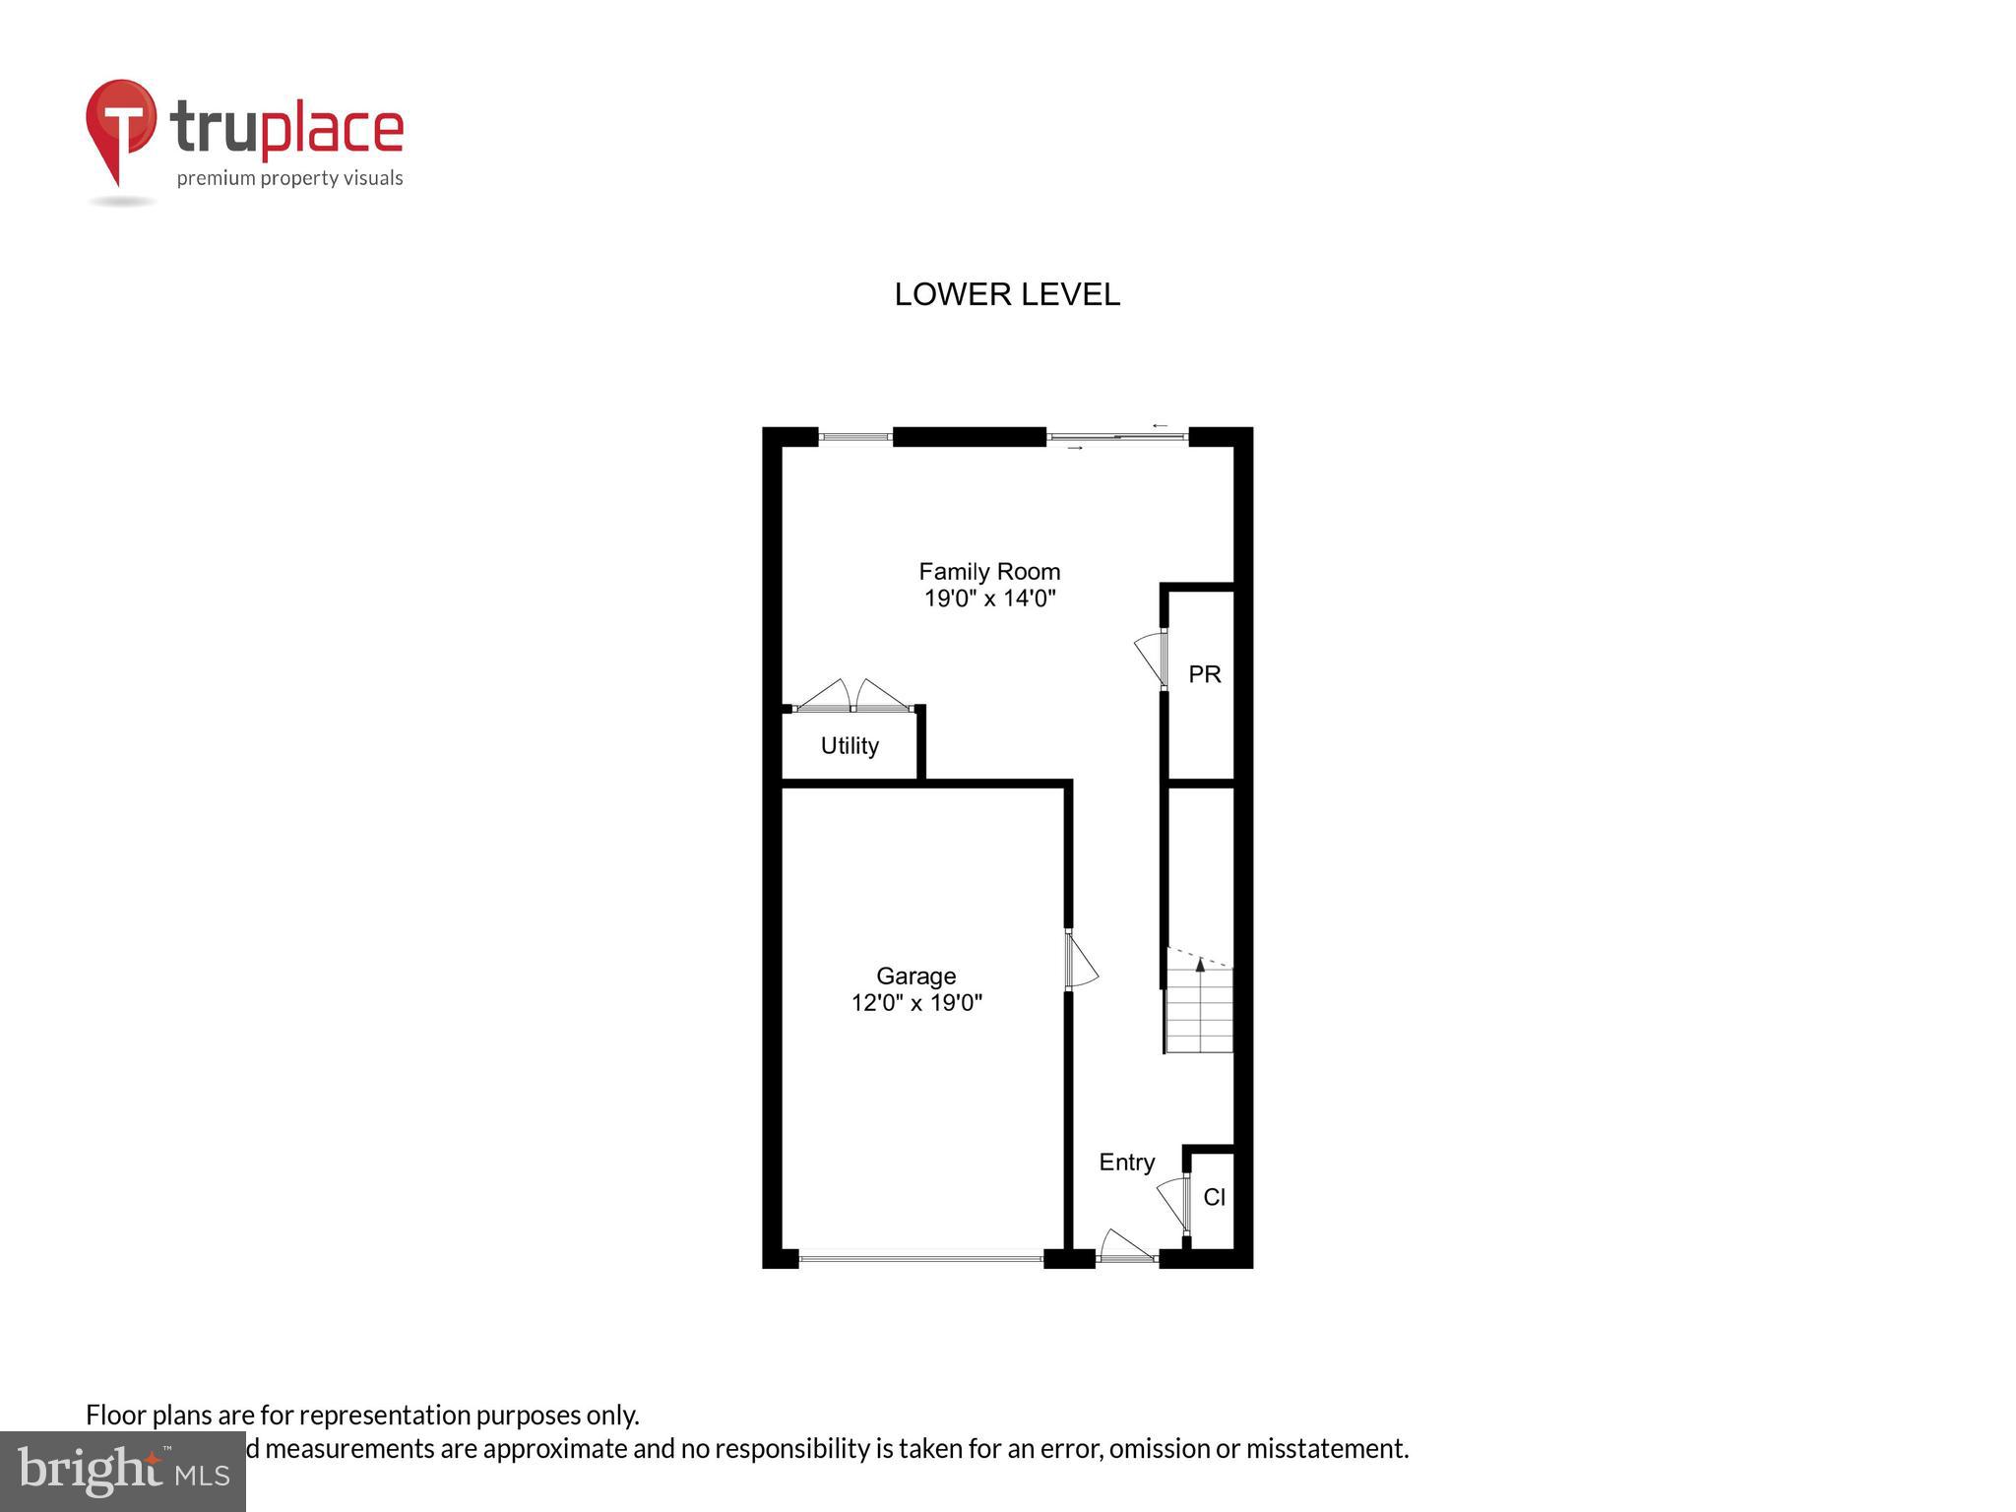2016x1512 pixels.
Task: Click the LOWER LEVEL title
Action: [1006, 294]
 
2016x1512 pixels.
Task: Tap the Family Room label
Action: [989, 572]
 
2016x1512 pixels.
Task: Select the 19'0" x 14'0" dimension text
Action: [989, 598]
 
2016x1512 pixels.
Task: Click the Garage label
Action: [915, 976]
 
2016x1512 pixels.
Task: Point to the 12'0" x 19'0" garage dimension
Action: [916, 1003]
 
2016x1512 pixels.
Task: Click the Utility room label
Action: [850, 746]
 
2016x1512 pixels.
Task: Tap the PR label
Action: [1204, 674]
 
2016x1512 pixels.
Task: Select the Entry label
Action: [1126, 1163]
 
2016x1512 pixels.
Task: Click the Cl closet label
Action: [1214, 1198]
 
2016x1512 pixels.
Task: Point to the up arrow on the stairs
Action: [1200, 965]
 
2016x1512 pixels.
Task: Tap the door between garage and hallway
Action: [1081, 961]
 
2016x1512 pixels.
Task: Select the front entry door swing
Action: [1125, 1247]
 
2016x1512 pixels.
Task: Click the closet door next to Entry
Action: [1172, 1204]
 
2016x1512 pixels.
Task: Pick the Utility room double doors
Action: [852, 696]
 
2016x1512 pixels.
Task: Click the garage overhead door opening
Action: [920, 1257]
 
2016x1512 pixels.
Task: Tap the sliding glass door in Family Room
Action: [1116, 437]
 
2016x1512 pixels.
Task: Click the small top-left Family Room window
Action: [854, 437]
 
